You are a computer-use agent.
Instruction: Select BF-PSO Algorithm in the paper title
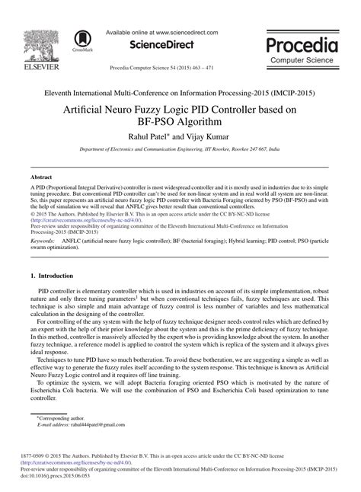point(180,120)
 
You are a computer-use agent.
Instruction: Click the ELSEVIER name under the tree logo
point(34,66)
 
